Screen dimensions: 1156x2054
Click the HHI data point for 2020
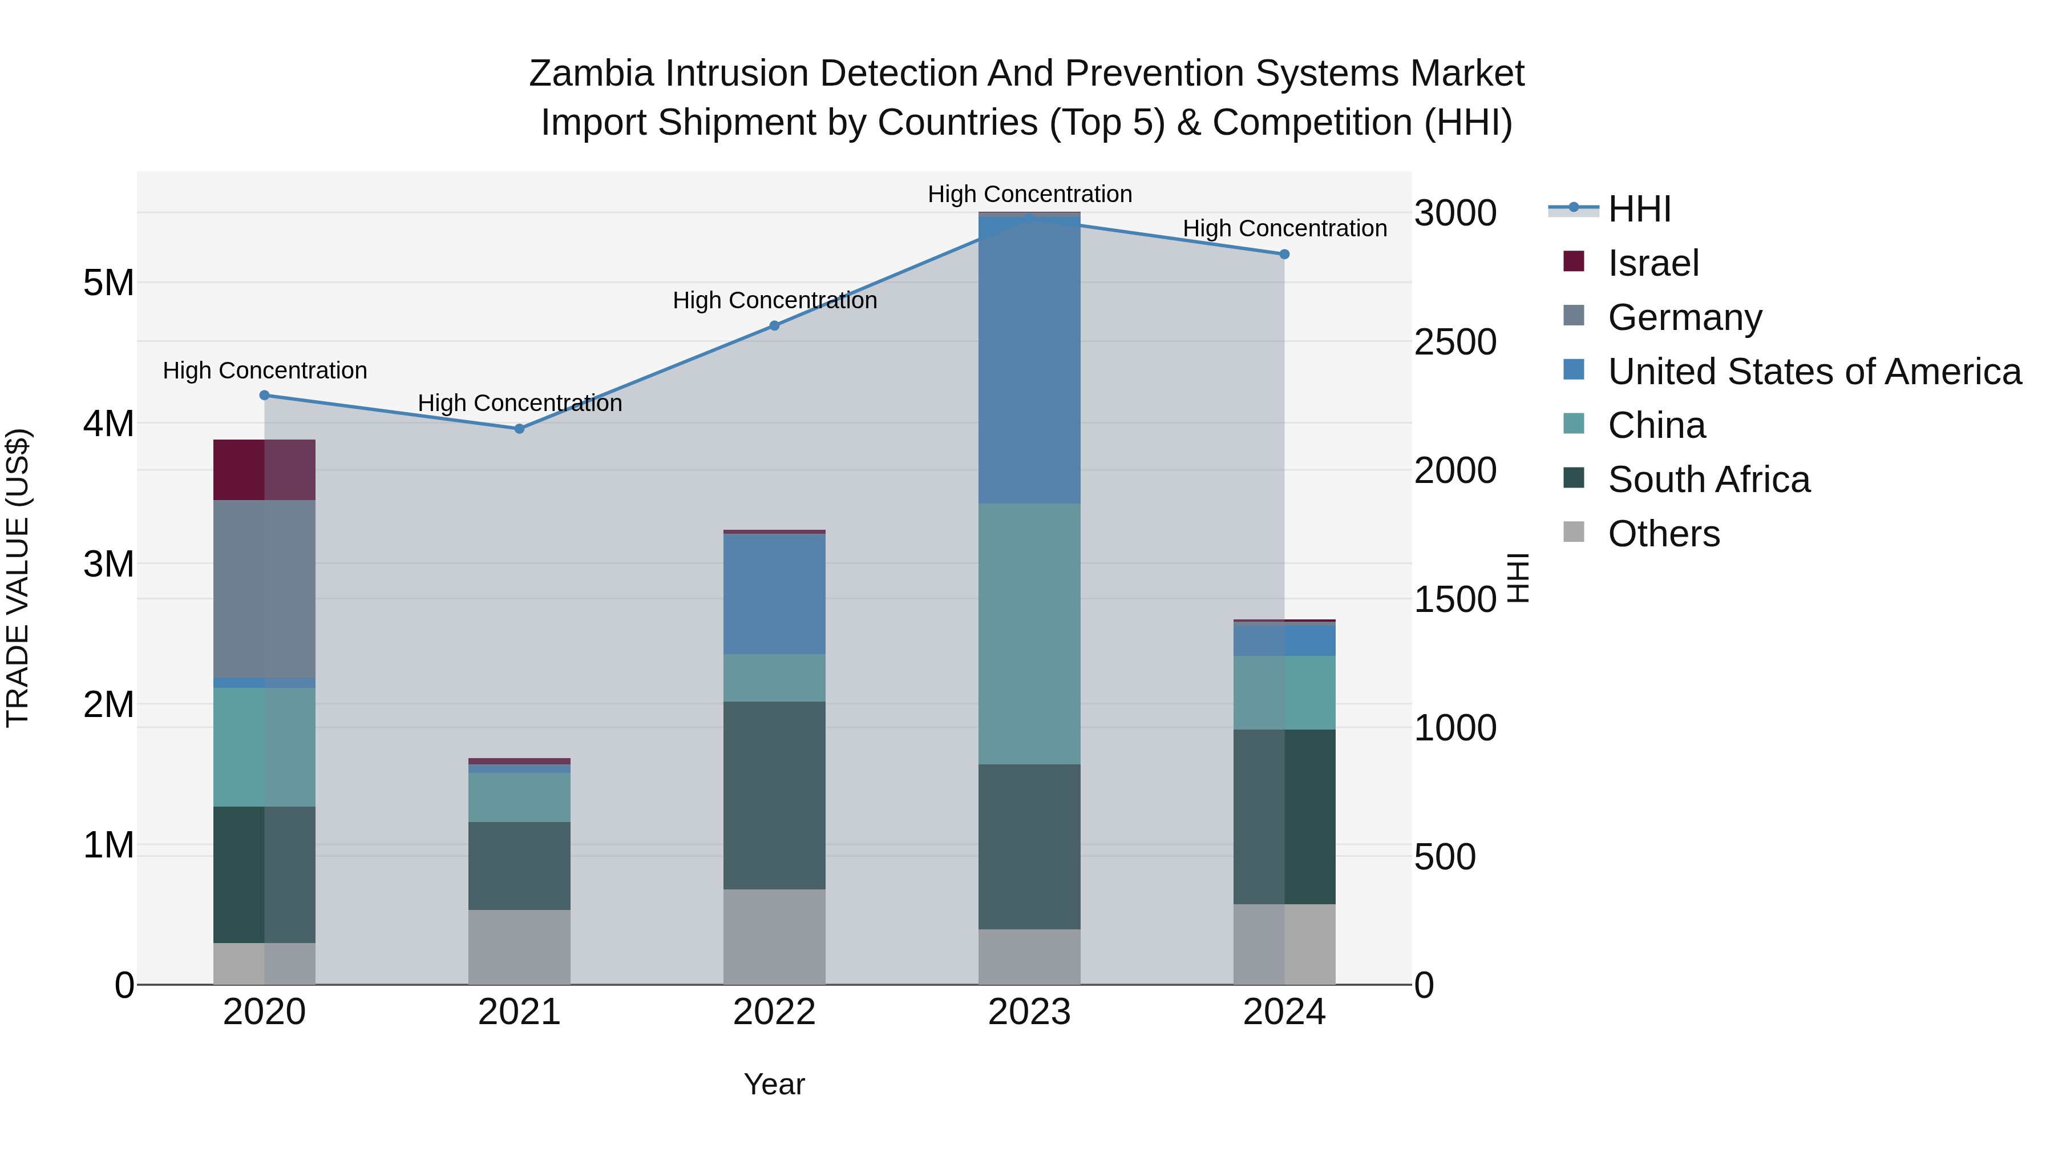pyautogui.click(x=265, y=395)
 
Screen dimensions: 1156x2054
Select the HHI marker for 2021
pyautogui.click(x=519, y=428)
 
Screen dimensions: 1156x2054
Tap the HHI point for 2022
pyautogui.click(x=774, y=325)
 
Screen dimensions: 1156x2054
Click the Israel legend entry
pyautogui.click(x=1653, y=263)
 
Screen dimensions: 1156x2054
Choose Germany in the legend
pyautogui.click(x=1684, y=317)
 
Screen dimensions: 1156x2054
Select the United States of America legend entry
pyautogui.click(x=1814, y=372)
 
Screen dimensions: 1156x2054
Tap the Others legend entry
pyautogui.click(x=1663, y=534)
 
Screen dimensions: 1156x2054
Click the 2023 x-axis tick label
pyautogui.click(x=1029, y=1012)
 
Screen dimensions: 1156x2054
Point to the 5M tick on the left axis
pyautogui.click(x=108, y=283)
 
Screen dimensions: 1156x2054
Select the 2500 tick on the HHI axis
pyautogui.click(x=1455, y=343)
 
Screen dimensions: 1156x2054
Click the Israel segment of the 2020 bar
pyautogui.click(x=264, y=470)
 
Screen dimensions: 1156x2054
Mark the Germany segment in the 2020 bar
pyautogui.click(x=264, y=589)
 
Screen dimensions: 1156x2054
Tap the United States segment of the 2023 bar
pyautogui.click(x=1029, y=359)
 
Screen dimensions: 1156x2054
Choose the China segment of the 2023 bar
pyautogui.click(x=1029, y=634)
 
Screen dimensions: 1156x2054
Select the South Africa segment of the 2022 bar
pyautogui.click(x=774, y=795)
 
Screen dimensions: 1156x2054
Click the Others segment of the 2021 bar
pyautogui.click(x=519, y=947)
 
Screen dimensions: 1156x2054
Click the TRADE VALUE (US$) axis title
pyautogui.click(x=18, y=578)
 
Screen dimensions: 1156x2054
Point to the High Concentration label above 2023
pyautogui.click(x=1029, y=194)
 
